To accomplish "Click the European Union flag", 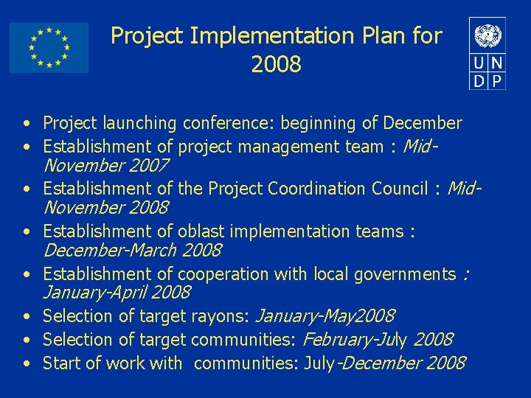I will click(49, 47).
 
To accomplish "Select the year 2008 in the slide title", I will click(276, 65).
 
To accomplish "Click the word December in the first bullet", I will click(423, 123).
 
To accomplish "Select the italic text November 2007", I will click(106, 166).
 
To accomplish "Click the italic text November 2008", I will click(106, 208).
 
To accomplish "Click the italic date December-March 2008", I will click(132, 250).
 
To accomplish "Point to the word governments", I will click(405, 274).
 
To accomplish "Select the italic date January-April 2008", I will click(117, 293).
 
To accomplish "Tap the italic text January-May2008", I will click(324, 316).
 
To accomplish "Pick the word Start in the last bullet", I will click(60, 363).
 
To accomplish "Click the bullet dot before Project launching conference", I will click(26, 124).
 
